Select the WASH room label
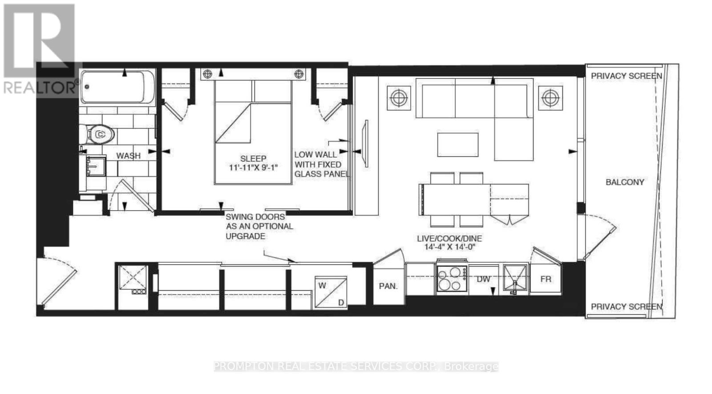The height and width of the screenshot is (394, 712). tap(128, 156)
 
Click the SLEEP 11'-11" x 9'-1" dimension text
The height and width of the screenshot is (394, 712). tap(253, 163)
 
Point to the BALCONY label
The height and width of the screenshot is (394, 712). tap(625, 182)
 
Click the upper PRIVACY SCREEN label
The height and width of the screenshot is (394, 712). tap(626, 76)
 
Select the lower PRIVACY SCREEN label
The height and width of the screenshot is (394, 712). tap(626, 307)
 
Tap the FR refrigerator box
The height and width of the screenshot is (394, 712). tap(546, 279)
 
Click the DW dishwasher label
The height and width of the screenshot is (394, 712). tap(483, 279)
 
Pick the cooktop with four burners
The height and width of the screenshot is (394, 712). tap(452, 279)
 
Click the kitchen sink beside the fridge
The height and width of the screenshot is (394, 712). tap(515, 279)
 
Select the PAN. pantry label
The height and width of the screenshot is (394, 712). tap(388, 286)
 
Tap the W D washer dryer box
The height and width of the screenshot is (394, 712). tap(331, 292)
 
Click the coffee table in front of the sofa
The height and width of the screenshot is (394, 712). tap(457, 145)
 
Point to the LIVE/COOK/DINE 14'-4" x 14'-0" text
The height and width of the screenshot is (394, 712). tap(449, 243)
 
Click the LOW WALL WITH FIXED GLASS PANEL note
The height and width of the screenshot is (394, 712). tap(321, 164)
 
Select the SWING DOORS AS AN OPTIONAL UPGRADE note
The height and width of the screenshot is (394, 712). tap(259, 227)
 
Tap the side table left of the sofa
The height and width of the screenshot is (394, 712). tap(399, 97)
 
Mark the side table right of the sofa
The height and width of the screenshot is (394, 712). tap(550, 97)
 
